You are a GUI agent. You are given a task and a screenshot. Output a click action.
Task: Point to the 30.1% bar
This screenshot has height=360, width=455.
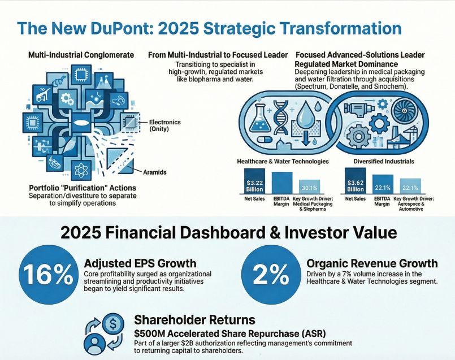(x=310, y=189)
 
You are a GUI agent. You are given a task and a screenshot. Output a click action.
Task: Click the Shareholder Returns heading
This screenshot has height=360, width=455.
(x=194, y=320)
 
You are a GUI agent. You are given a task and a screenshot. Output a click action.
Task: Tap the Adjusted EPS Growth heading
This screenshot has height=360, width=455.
(x=140, y=263)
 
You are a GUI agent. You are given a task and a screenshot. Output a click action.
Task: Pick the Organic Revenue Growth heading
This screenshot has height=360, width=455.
(x=372, y=263)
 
